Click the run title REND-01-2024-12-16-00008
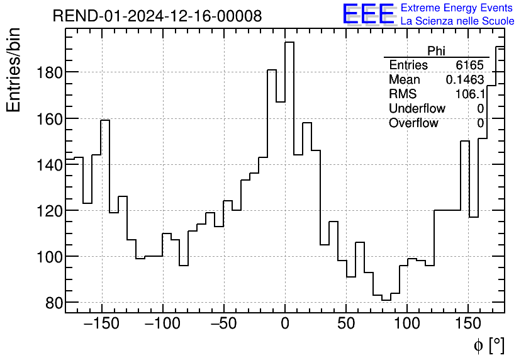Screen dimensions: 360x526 coord(157,16)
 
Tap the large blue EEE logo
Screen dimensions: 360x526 coord(368,15)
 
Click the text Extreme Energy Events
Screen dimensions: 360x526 coord(457,8)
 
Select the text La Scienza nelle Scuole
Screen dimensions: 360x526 coord(457,21)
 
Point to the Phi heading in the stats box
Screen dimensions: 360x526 coord(436,51)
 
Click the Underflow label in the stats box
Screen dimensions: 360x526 coord(417,108)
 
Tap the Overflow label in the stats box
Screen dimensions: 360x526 coord(413,123)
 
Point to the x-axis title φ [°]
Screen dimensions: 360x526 coord(488,345)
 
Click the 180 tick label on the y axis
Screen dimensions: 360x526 coord(50,72)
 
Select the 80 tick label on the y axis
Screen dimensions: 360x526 coord(53,303)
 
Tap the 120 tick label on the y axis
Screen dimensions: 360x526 coord(50,211)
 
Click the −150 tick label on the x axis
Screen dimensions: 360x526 coord(101,324)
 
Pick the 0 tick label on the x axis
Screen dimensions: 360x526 coord(285,324)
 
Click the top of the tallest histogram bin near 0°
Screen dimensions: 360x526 coord(289,43)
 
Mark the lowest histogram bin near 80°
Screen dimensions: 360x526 coord(386,300)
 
